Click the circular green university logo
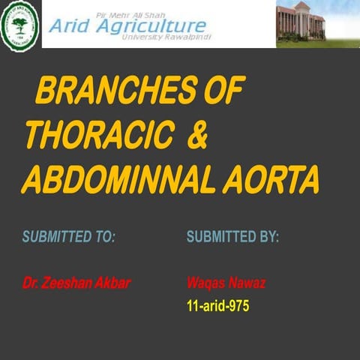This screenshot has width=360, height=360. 20,24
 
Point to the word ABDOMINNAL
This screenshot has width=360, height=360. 120,180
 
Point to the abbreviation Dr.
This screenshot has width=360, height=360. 31,283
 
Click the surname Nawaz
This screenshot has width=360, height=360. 247,283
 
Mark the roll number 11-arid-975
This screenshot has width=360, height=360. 217,306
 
